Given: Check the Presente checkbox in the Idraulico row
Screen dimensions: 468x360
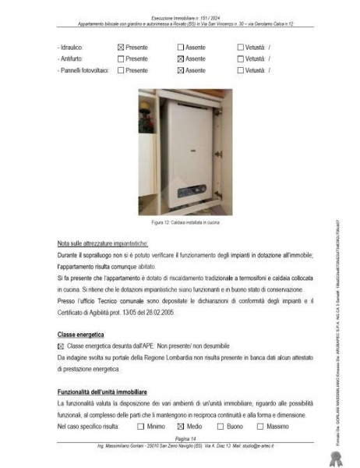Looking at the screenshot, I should pos(120,48).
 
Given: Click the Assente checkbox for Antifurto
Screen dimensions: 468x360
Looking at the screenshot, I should pos(181,59).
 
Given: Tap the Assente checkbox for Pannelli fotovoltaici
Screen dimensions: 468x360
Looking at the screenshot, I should pos(181,70).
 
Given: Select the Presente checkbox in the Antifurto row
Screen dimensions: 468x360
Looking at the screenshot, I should pos(120,59).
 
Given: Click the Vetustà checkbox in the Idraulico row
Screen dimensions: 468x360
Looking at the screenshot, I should pos(240,48).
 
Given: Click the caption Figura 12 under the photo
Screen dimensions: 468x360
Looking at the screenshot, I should pos(179,222).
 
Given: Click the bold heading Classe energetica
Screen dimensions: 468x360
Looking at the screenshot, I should pos(82,334).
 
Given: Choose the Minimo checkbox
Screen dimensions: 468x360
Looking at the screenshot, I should pos(140,427).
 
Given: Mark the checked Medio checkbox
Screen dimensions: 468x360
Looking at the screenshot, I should pos(181,427).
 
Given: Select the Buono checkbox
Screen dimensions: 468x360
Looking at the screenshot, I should pos(221,427).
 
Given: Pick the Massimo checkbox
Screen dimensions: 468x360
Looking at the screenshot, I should pos(260,427).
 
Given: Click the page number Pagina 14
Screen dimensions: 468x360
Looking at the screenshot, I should pos(180,439).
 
